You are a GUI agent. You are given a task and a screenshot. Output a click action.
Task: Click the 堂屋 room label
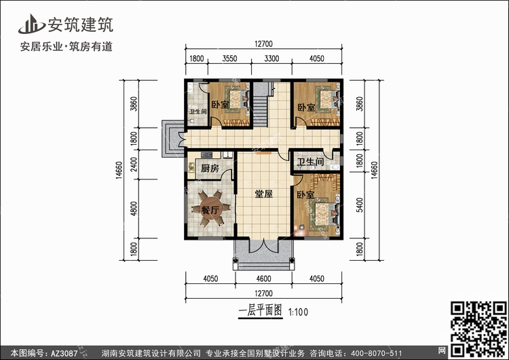click(x=263, y=194)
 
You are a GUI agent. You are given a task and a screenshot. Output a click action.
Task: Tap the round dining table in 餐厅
click(x=211, y=209)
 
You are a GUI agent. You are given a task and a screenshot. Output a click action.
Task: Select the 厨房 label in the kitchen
click(x=210, y=168)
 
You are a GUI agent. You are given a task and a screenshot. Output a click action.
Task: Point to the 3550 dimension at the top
click(x=229, y=58)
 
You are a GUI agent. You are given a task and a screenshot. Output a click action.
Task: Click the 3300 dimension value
click(x=271, y=58)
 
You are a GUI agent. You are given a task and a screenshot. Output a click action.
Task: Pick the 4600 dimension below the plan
click(x=263, y=278)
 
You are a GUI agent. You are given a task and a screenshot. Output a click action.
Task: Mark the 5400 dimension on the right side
click(x=359, y=205)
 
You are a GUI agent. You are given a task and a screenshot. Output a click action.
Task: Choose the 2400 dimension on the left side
click(x=134, y=164)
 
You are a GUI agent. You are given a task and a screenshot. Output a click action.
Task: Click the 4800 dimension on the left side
click(x=134, y=209)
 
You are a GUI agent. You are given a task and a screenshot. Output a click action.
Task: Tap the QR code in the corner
click(x=478, y=329)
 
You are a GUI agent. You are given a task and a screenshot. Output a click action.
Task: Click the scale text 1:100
click(x=299, y=312)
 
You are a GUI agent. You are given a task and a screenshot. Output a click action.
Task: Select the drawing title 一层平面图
click(x=260, y=310)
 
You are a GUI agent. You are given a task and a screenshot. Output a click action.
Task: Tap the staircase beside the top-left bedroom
click(x=261, y=105)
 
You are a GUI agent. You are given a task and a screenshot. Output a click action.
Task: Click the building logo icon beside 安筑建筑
click(x=31, y=24)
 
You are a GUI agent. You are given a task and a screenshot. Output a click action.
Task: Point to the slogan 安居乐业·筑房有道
click(x=67, y=47)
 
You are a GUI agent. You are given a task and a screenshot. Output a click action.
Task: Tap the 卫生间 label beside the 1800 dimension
click(x=311, y=162)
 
